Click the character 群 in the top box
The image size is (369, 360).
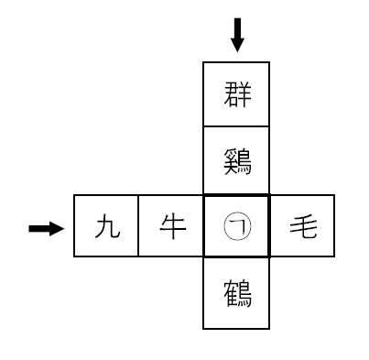(x=236, y=94)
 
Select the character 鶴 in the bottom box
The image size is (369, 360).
(x=236, y=294)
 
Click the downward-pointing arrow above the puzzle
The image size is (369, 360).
(x=237, y=35)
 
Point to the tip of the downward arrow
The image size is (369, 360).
(x=237, y=50)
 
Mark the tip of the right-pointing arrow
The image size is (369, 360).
(x=65, y=228)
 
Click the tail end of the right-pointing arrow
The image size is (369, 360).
(x=30, y=228)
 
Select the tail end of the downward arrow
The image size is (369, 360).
(x=237, y=19)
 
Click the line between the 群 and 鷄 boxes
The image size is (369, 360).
(x=236, y=128)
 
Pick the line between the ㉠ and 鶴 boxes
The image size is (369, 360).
(x=236, y=260)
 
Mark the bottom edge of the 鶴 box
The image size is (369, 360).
(x=236, y=328)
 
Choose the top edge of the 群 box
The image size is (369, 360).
(x=236, y=62)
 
